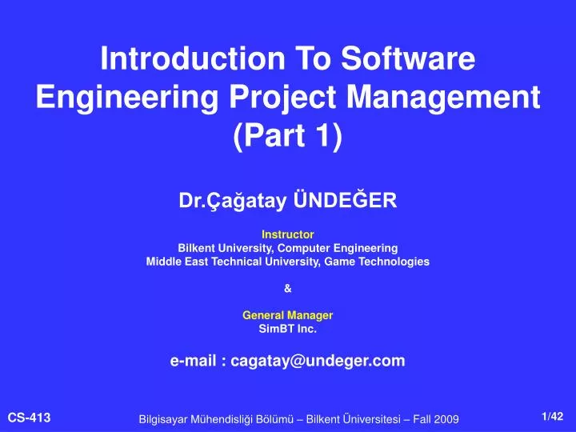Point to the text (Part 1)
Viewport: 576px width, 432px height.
[x=287, y=137]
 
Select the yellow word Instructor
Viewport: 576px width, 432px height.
[x=287, y=234]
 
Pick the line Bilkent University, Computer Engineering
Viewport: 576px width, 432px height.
[x=287, y=248]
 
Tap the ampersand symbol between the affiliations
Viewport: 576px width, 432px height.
[x=287, y=288]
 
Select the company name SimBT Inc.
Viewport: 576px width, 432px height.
[x=287, y=328]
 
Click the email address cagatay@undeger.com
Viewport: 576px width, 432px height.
[x=318, y=361]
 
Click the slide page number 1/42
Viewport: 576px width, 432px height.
[x=552, y=415]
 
